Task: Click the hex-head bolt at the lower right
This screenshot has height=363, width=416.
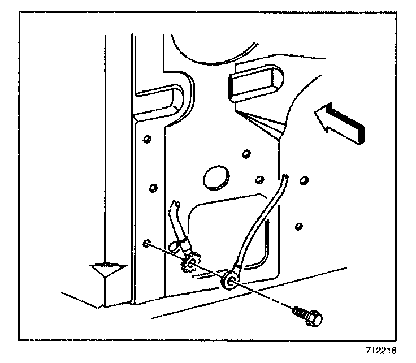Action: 313,318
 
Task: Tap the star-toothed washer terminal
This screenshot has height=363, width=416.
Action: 190,263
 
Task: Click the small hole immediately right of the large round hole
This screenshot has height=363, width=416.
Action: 259,180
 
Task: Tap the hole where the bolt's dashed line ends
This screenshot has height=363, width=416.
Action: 147,244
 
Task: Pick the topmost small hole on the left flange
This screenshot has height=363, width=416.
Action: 146,139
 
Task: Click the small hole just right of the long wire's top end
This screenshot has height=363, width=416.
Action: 305,180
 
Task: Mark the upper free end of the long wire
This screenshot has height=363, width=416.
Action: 286,178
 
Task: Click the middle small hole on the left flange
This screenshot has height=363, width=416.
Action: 151,187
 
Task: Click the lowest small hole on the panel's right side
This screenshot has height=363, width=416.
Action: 299,227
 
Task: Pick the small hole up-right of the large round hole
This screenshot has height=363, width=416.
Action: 245,153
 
